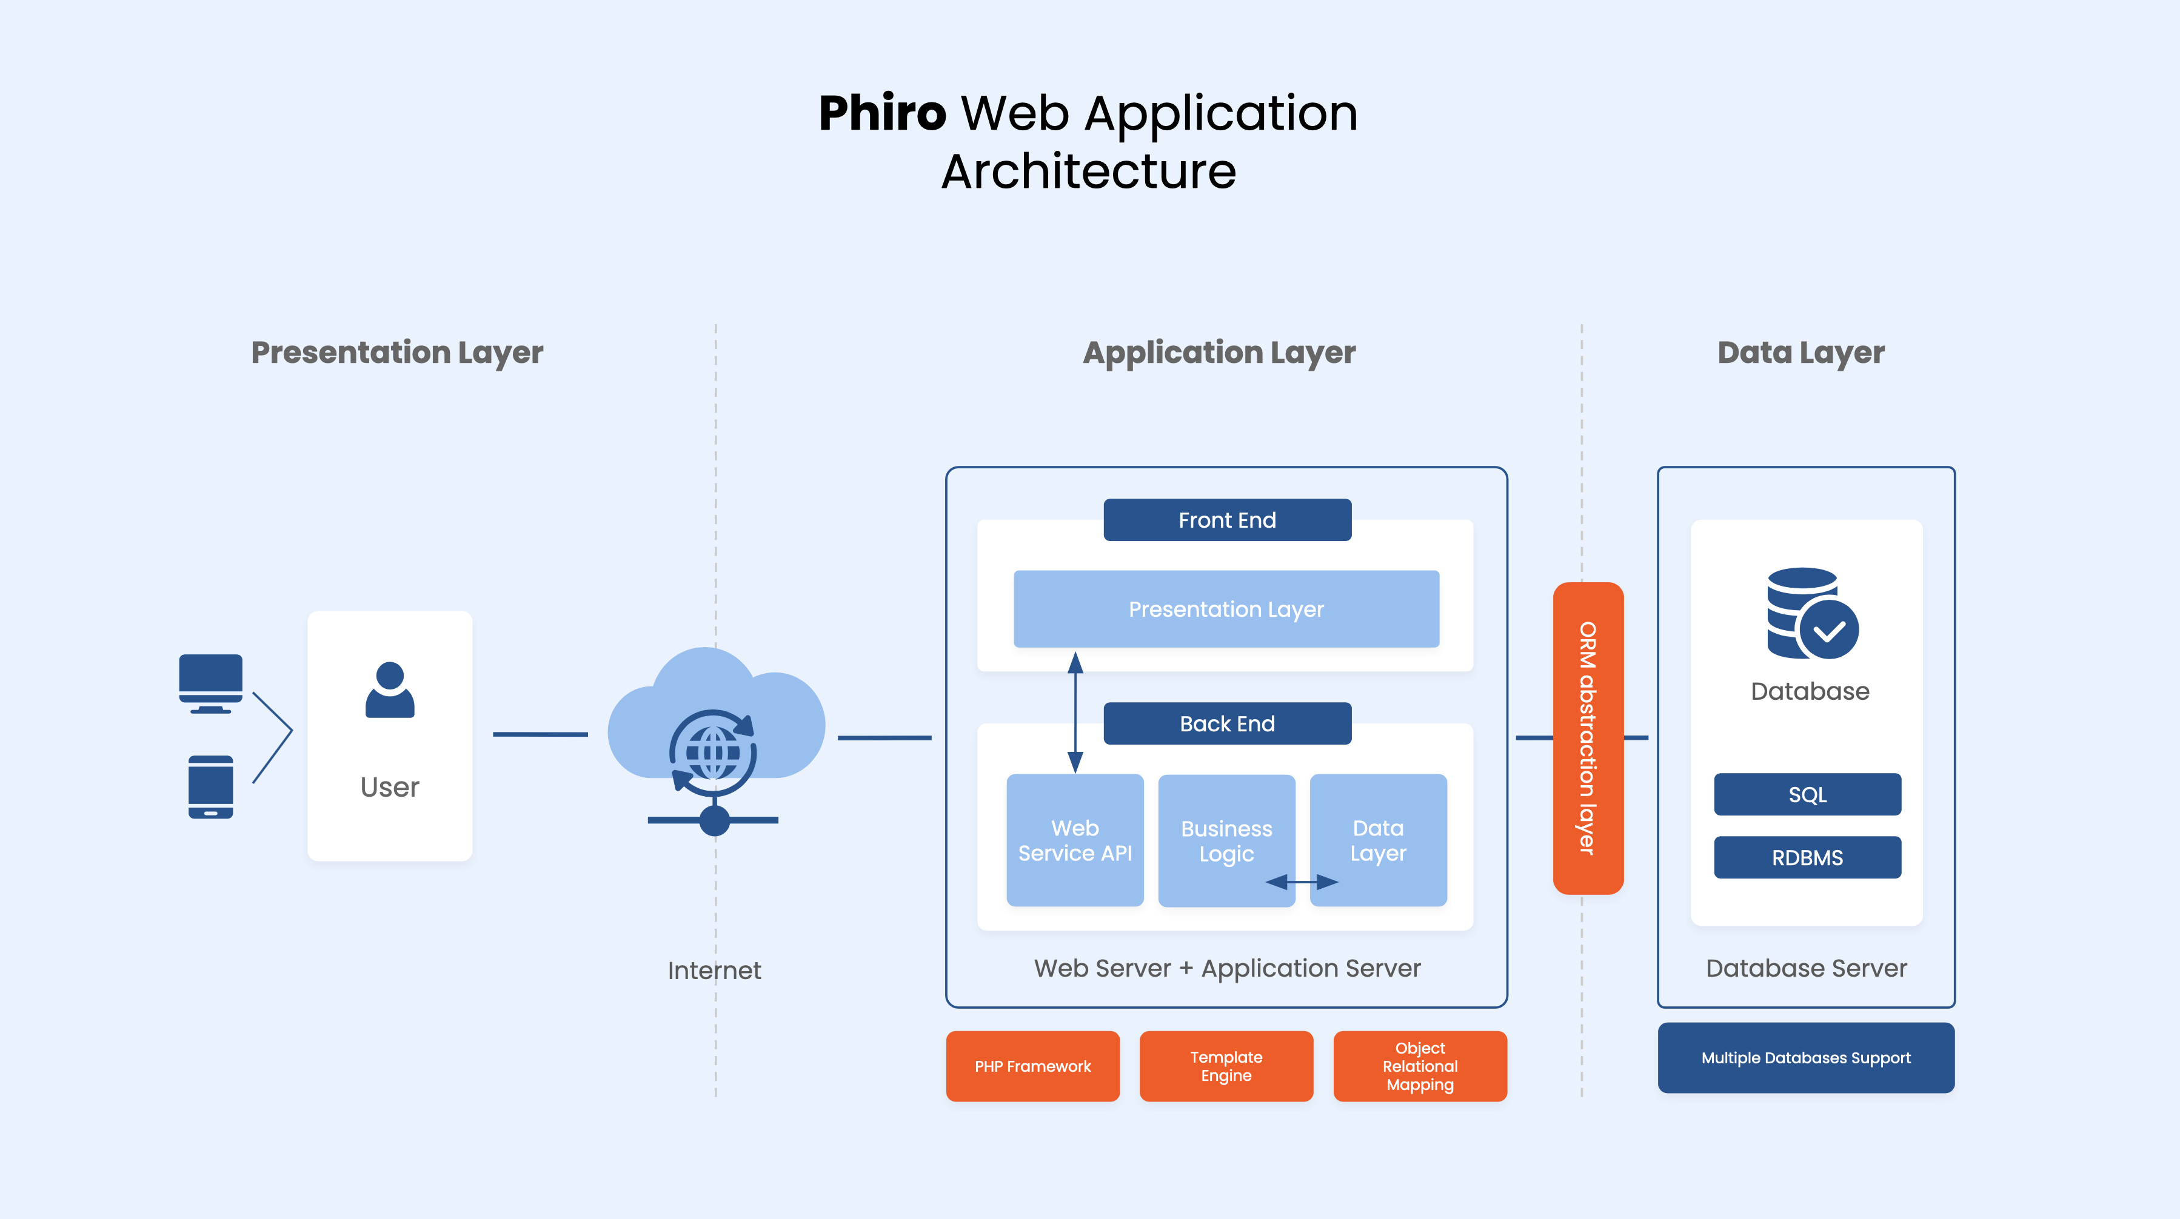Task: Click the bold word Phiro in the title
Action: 882,113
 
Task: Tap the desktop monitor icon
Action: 211,682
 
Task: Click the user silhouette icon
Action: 389,690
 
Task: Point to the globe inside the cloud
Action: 714,752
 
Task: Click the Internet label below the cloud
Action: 714,971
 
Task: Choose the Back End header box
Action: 1226,724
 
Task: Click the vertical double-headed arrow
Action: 1075,712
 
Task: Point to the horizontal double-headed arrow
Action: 1302,882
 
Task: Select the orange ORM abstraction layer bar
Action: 1588,738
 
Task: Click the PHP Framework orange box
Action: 1032,1066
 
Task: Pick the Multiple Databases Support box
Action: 1805,1057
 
